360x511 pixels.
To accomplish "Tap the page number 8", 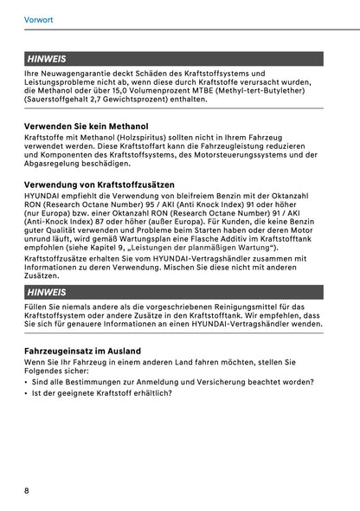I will click(28, 490).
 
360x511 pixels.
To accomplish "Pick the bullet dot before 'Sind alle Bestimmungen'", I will click(27, 382).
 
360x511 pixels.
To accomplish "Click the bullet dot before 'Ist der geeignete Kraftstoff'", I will click(27, 393).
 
